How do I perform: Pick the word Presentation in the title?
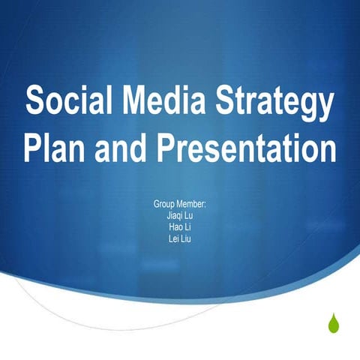click(247, 148)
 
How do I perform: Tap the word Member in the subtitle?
click(193, 205)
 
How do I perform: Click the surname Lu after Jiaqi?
click(190, 216)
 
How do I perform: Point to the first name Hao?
click(175, 227)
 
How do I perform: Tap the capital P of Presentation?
click(172, 148)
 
